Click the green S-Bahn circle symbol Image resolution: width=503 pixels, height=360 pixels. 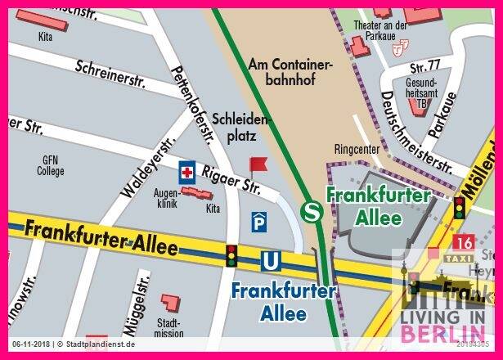point(312,212)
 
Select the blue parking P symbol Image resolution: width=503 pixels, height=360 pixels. point(258,221)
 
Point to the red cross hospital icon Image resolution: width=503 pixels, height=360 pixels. point(188,172)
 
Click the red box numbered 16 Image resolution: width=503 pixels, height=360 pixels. point(463,241)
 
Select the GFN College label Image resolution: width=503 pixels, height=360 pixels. point(50,166)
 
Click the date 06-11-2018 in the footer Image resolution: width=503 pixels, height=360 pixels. point(30,344)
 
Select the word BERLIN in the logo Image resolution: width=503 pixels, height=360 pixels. point(441,333)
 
